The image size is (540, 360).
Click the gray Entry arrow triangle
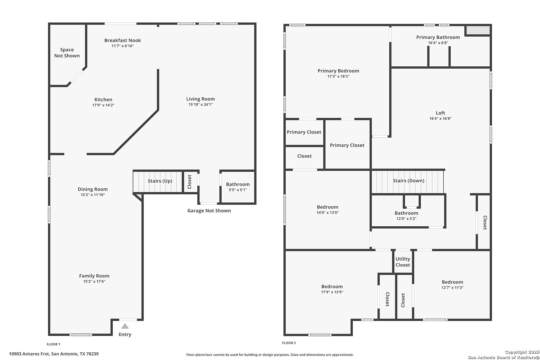tap(125, 326)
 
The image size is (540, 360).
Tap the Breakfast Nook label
tap(122, 40)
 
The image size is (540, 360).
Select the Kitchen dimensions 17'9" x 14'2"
tap(103, 105)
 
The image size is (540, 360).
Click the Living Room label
tap(200, 99)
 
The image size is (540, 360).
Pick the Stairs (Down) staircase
tap(407, 182)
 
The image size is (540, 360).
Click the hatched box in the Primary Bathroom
tap(478, 30)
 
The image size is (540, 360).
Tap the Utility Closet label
tap(403, 262)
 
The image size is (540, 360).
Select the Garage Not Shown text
tap(209, 211)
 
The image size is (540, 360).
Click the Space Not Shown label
tap(67, 53)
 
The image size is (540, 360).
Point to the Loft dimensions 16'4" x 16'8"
tap(440, 118)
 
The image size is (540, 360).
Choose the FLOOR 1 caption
tap(53, 344)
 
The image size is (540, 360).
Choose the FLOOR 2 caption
tap(289, 343)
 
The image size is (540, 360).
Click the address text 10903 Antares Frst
tap(29, 354)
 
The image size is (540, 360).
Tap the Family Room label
tap(94, 276)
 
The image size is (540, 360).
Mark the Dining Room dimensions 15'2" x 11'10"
tap(93, 195)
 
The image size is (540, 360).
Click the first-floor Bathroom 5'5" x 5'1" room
tap(238, 187)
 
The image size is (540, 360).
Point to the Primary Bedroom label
tap(338, 71)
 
